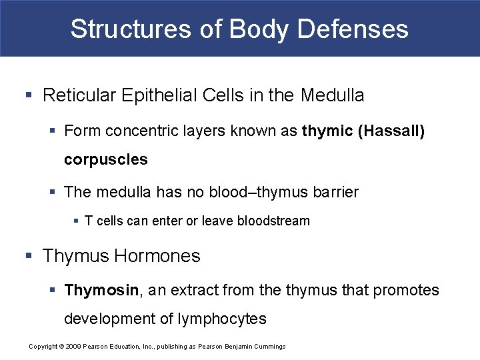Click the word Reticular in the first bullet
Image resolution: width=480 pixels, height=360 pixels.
click(79, 95)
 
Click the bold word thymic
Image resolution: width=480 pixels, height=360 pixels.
click(327, 131)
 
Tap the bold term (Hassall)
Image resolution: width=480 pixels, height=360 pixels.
click(391, 131)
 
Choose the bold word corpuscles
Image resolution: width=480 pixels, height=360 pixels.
click(106, 160)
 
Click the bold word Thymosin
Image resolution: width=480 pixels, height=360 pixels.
click(101, 290)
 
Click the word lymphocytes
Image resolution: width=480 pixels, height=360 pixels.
click(222, 319)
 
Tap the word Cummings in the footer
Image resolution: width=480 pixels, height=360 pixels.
click(270, 346)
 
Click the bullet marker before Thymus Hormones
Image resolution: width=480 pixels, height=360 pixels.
click(28, 256)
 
